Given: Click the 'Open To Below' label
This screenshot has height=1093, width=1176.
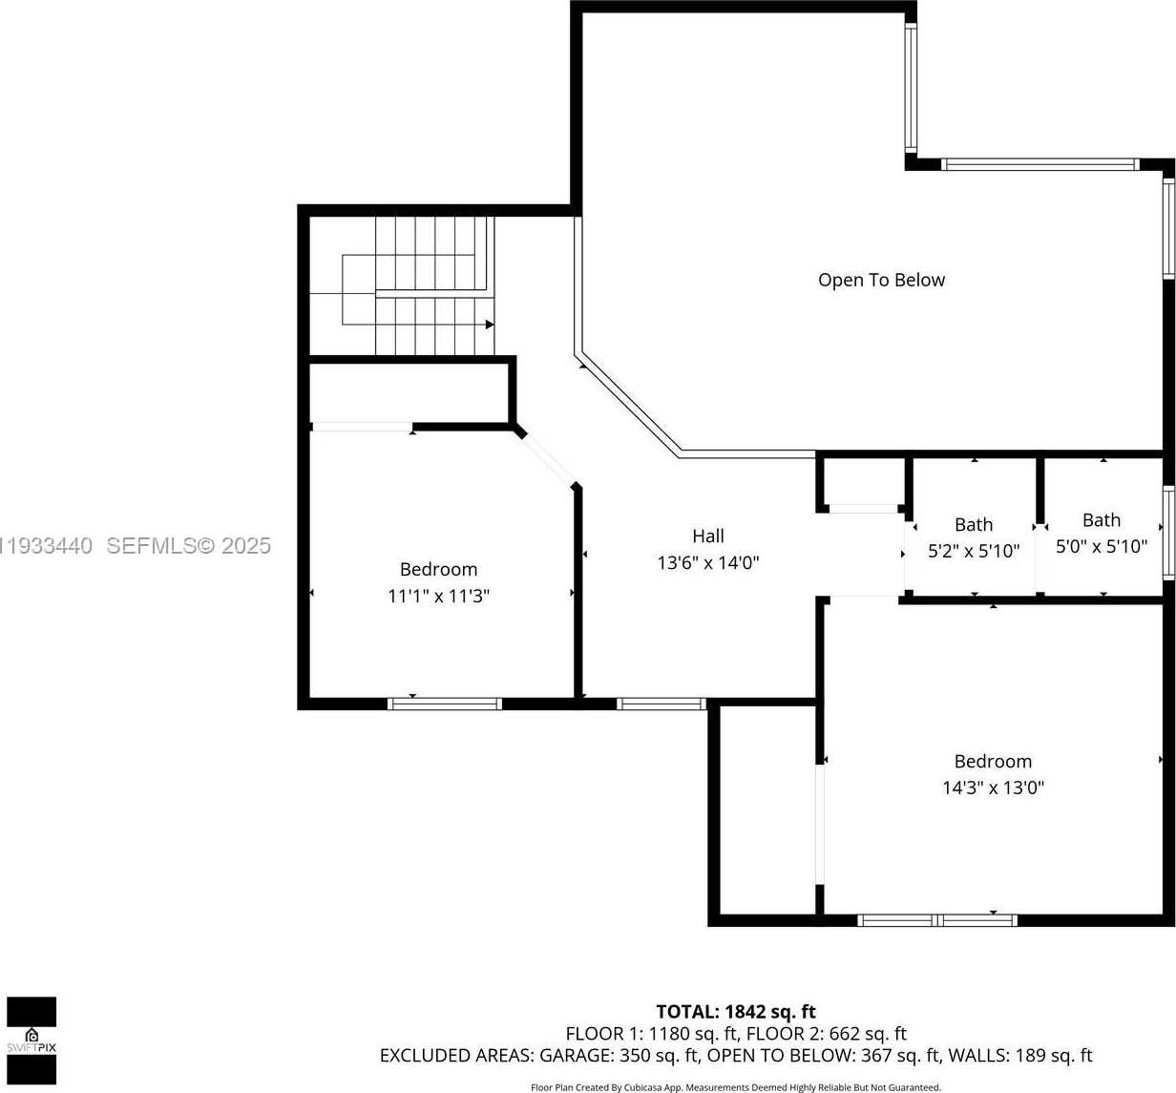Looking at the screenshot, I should click(881, 280).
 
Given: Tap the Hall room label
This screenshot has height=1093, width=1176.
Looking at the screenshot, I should click(708, 536).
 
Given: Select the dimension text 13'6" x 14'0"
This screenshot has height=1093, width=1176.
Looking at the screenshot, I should click(708, 563).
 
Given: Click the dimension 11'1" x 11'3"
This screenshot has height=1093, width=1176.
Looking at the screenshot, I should click(438, 597).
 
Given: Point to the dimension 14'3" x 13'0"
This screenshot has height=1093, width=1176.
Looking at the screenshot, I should click(993, 788).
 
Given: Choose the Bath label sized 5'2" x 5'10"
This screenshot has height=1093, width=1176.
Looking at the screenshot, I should click(974, 524).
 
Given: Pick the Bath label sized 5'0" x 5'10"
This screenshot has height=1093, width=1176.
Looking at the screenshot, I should click(1102, 520).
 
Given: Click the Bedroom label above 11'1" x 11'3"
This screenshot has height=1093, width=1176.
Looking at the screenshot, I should click(438, 570).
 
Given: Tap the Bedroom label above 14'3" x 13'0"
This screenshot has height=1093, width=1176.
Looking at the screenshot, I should click(993, 762).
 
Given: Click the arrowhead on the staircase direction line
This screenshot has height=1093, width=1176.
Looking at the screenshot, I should click(490, 325).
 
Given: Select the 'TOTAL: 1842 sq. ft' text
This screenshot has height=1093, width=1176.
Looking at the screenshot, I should click(735, 1012).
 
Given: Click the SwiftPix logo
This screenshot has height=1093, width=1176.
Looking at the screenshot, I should click(31, 1040).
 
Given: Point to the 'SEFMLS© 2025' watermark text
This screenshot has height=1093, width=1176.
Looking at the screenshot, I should click(188, 546).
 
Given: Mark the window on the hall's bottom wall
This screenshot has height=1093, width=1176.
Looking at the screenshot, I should click(661, 704).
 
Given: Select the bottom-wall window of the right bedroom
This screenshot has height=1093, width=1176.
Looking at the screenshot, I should click(937, 920).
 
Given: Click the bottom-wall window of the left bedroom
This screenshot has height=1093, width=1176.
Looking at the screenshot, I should click(445, 704).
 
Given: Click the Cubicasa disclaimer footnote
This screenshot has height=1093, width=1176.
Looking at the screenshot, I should click(735, 1087).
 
